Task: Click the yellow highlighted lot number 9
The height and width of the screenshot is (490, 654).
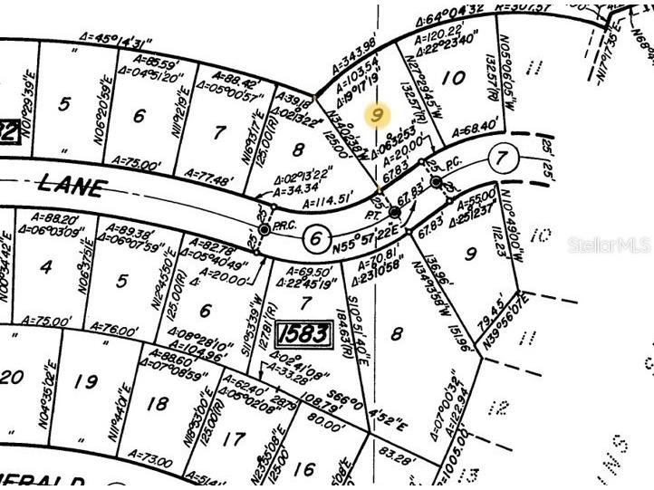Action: [378, 115]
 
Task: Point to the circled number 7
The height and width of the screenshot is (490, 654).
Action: [501, 158]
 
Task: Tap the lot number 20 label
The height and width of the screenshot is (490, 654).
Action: [11, 376]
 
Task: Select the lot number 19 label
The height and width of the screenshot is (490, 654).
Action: [85, 381]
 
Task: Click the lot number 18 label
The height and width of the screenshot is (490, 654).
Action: [157, 404]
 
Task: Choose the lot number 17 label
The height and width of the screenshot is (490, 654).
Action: [233, 439]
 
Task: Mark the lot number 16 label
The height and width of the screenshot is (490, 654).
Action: [305, 468]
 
